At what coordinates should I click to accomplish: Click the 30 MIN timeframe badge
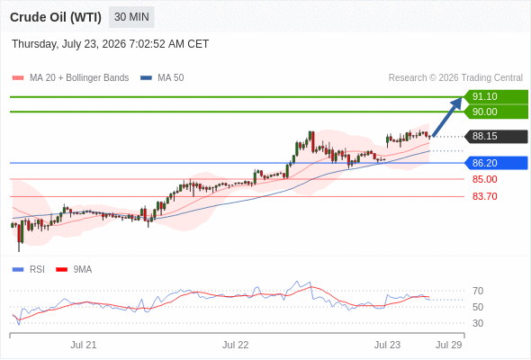[131, 17]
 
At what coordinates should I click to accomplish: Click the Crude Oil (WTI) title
[56, 17]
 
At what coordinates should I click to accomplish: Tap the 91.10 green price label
[496, 96]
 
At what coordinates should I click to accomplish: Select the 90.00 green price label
[496, 112]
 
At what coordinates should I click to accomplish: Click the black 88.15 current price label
[496, 136]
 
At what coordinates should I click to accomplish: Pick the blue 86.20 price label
[496, 163]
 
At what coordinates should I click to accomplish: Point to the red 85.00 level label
[484, 179]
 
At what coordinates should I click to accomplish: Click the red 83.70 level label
[484, 196]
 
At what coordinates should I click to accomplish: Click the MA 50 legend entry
[162, 78]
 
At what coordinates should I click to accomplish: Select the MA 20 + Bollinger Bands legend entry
[70, 78]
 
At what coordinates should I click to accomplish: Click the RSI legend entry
[29, 269]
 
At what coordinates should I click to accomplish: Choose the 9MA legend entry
[74, 269]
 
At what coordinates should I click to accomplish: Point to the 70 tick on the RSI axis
[478, 291]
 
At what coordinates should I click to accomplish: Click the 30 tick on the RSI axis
[478, 323]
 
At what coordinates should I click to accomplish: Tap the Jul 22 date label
[236, 345]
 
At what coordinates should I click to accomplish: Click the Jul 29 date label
[449, 345]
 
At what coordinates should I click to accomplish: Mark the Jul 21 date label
[84, 345]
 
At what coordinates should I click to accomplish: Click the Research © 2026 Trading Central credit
[455, 78]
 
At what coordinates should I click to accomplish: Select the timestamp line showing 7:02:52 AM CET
[111, 44]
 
